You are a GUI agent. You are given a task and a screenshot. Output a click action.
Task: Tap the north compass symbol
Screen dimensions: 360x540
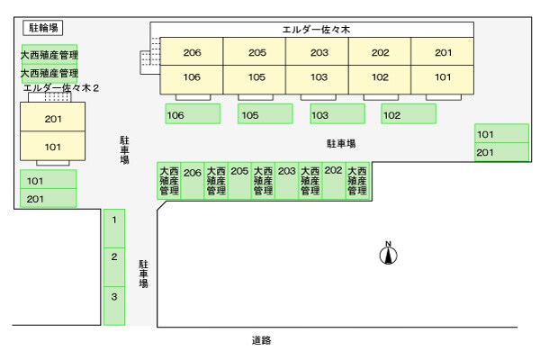click(389, 255)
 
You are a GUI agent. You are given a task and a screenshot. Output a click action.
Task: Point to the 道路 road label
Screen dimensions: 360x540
click(261, 340)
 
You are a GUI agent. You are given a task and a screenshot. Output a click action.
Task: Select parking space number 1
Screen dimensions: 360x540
click(114, 219)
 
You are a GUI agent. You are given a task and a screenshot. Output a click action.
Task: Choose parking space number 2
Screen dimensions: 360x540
click(114, 256)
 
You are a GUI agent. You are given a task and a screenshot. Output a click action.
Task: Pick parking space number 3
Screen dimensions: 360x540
click(114, 295)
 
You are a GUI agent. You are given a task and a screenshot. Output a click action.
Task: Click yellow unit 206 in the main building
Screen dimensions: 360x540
click(192, 52)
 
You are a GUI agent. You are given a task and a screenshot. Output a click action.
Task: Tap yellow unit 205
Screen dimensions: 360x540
click(256, 52)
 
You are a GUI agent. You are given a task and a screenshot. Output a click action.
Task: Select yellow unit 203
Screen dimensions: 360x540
click(319, 52)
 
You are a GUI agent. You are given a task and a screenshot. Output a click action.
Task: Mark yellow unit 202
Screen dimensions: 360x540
click(380, 52)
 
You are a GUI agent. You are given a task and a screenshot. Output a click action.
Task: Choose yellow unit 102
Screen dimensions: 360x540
click(380, 77)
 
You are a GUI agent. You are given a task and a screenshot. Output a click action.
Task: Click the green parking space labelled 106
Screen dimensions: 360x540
click(193, 114)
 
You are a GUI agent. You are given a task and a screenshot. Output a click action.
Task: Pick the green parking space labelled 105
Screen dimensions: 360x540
click(265, 114)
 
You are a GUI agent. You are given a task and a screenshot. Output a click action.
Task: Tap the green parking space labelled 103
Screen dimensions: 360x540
click(337, 114)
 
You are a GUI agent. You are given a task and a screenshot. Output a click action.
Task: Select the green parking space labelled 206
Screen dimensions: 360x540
click(193, 180)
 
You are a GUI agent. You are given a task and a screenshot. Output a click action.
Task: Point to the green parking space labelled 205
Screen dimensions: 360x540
click(239, 180)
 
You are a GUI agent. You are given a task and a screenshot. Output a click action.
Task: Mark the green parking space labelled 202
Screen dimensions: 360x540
click(334, 180)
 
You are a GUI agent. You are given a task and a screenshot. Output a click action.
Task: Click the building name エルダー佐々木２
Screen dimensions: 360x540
click(61, 88)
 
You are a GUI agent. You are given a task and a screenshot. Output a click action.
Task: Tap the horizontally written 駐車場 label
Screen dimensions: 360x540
click(341, 144)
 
